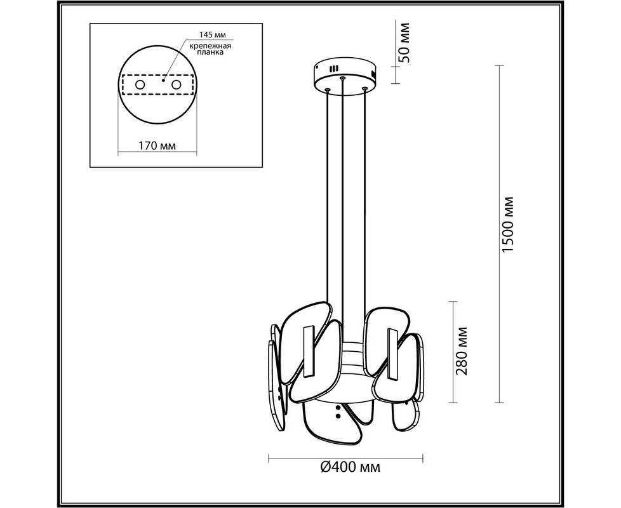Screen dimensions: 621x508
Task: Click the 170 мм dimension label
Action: (x=157, y=145)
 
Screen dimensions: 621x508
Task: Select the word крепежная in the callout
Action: (x=210, y=46)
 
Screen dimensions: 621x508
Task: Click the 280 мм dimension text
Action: (x=462, y=351)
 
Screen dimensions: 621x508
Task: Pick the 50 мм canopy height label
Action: (x=404, y=43)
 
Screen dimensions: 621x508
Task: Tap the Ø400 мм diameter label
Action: (x=350, y=467)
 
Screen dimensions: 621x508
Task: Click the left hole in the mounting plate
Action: (x=140, y=84)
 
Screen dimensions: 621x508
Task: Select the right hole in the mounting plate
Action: (x=176, y=84)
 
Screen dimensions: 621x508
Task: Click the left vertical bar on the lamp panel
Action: (x=308, y=352)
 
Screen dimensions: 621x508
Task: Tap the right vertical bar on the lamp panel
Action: (x=393, y=353)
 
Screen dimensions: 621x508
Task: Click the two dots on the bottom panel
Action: (x=338, y=411)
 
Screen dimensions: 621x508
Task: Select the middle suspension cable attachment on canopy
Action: (x=342, y=77)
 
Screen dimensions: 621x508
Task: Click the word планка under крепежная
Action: (x=210, y=52)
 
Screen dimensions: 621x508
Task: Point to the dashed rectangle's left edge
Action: (x=123, y=84)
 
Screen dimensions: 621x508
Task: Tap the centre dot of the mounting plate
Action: (x=163, y=81)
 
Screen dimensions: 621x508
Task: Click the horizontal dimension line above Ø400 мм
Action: (x=346, y=459)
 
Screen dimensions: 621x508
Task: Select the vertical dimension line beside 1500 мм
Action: (x=498, y=234)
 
